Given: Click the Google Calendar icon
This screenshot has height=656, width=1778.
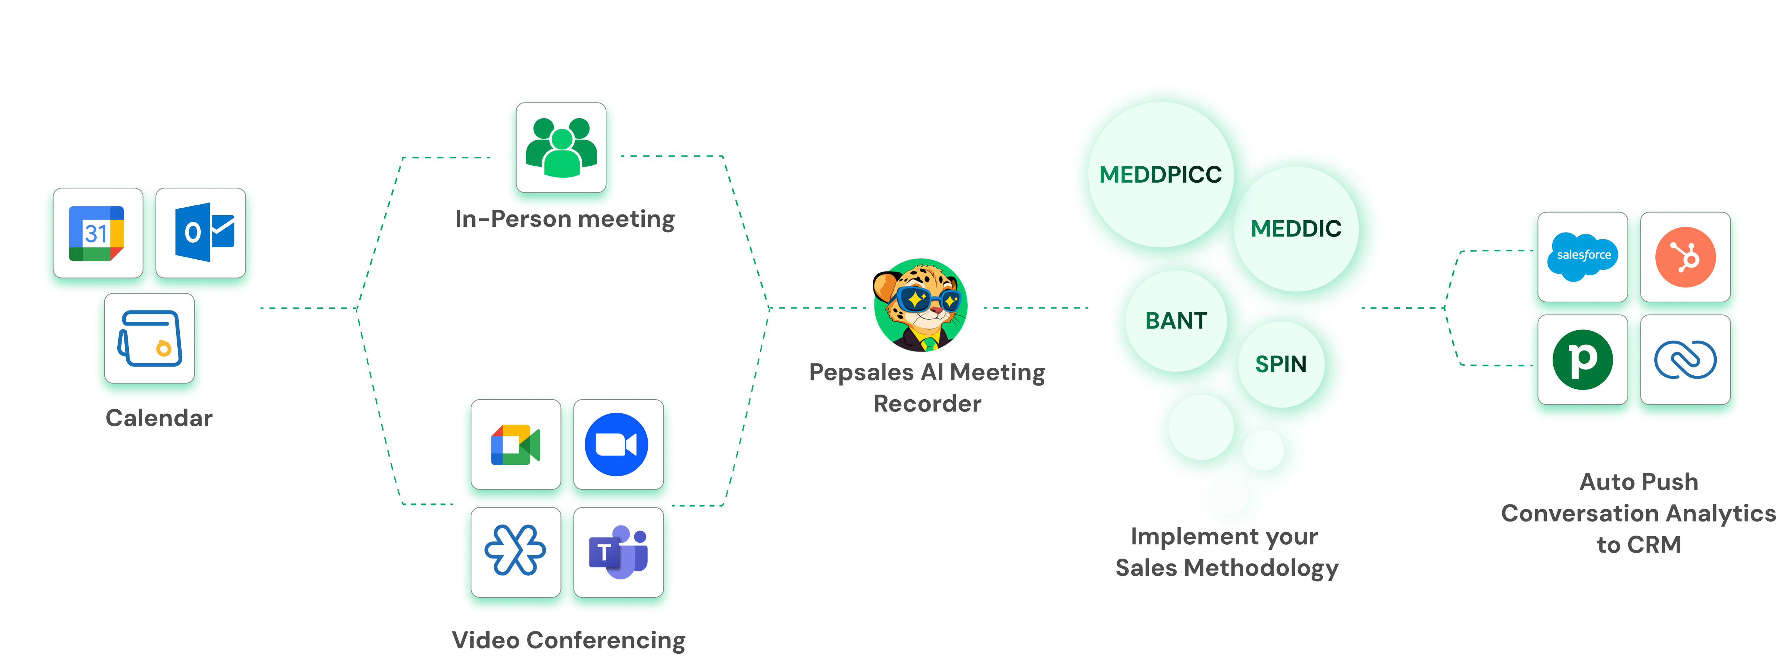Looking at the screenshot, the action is tap(97, 233).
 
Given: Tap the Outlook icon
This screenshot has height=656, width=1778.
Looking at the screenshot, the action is tap(204, 233).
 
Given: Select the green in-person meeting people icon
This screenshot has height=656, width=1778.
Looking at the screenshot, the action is tap(561, 147).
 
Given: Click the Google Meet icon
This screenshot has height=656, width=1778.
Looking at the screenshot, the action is tap(516, 445).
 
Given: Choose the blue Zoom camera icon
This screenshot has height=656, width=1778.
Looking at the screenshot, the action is tap(616, 444).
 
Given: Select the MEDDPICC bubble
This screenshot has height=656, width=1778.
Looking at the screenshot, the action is tap(1161, 175).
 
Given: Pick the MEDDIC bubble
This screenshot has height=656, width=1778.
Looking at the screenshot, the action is tap(1296, 228).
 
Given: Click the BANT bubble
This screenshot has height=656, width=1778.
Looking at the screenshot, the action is tap(1176, 321).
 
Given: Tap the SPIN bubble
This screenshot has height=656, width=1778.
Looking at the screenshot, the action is tap(1281, 363).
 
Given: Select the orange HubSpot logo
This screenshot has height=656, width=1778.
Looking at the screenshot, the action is tap(1685, 257).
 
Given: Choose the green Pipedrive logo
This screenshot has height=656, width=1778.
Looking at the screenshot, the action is tap(1583, 359).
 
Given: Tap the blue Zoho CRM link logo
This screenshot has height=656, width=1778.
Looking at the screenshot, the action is tap(1685, 359).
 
